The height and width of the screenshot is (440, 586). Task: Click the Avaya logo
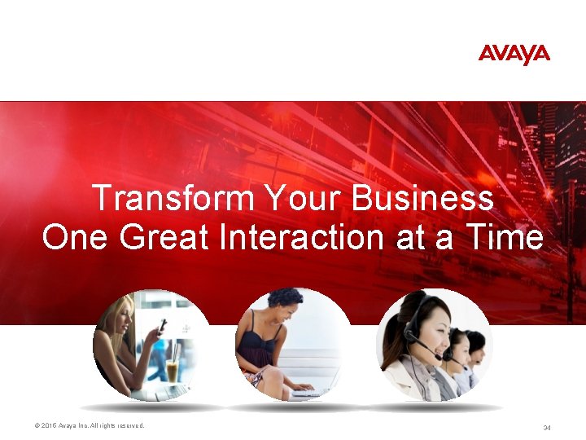[514, 55]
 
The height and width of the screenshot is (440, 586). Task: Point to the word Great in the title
[162, 237]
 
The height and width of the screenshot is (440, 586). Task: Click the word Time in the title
[505, 237]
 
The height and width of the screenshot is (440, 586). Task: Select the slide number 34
[547, 428]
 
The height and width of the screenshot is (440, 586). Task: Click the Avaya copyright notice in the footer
[90, 426]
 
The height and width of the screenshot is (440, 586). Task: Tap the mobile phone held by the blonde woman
[162, 326]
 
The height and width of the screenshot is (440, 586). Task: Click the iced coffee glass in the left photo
[173, 371]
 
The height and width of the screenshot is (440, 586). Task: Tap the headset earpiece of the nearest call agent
[412, 331]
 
